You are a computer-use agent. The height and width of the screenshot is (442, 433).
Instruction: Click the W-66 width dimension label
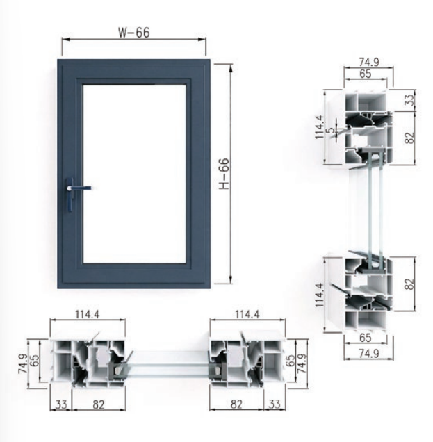(134, 33)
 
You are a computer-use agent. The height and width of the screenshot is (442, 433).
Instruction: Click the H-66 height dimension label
(224, 174)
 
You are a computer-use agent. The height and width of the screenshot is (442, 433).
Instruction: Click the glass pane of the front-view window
(134, 174)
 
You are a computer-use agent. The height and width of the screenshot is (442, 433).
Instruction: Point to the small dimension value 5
(333, 130)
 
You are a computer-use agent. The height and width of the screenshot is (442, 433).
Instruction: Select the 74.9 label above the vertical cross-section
(369, 62)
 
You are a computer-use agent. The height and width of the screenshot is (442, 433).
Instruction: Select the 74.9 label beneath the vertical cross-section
(369, 353)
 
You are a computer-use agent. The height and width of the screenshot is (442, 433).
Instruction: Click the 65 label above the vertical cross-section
(366, 74)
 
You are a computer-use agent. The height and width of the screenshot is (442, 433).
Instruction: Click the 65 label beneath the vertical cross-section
(366, 338)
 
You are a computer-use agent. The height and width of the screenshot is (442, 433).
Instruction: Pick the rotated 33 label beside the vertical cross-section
(410, 99)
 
